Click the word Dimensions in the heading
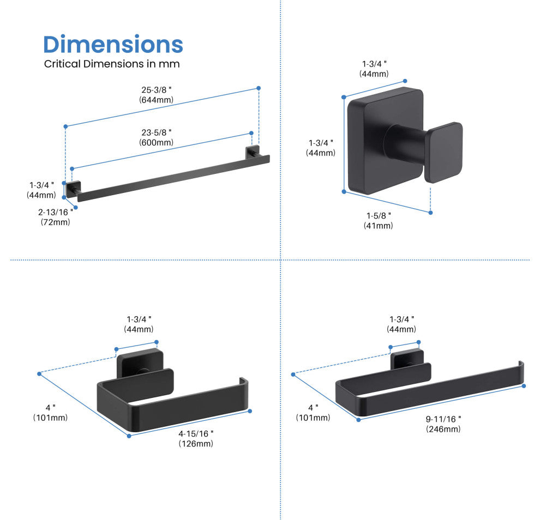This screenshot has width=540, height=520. click(113, 44)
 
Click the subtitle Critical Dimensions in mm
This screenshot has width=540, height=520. click(111, 64)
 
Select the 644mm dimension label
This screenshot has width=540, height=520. click(156, 100)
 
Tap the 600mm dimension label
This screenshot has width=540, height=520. click(156, 142)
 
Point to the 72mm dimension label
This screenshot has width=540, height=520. click(55, 222)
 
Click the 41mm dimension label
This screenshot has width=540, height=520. click(378, 226)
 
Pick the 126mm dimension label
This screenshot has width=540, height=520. click(196, 444)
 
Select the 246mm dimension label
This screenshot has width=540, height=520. click(443, 429)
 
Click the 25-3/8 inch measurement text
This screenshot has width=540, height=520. click(156, 90)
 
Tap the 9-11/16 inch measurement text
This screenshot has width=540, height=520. click(443, 419)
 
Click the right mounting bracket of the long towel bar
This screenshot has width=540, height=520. click(253, 153)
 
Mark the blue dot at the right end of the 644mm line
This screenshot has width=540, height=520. click(259, 88)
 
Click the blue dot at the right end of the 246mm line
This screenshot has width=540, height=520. click(524, 386)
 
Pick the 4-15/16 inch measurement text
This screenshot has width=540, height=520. click(196, 433)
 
